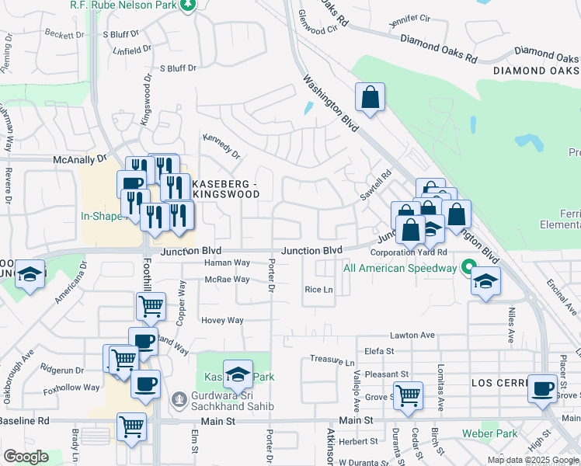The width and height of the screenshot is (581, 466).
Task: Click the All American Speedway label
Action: click(399, 269)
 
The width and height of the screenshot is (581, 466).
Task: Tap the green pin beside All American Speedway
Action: click(468, 266)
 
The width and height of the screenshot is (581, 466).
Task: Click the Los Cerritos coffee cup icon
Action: click(542, 388)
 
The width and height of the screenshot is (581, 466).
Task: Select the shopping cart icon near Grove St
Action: click(407, 396)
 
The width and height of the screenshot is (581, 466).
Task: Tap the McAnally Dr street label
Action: click(79, 159)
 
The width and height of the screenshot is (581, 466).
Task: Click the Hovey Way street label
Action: click(222, 320)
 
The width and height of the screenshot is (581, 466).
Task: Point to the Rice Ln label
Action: click(318, 290)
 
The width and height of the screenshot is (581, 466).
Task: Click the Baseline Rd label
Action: click(24, 420)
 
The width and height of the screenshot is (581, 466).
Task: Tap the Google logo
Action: click(26, 457)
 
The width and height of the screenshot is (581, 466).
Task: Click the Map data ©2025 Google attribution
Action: click(533, 460)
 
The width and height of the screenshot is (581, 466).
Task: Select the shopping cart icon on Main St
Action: click(131, 426)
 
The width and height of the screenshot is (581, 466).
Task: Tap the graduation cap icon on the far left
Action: click(30, 276)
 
